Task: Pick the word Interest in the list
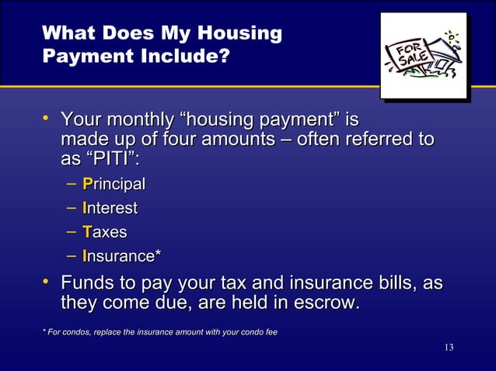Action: pos(110,208)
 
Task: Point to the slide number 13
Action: pos(449,346)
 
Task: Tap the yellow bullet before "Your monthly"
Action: pos(47,119)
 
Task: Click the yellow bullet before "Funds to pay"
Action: pos(47,279)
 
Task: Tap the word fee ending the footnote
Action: pos(270,332)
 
